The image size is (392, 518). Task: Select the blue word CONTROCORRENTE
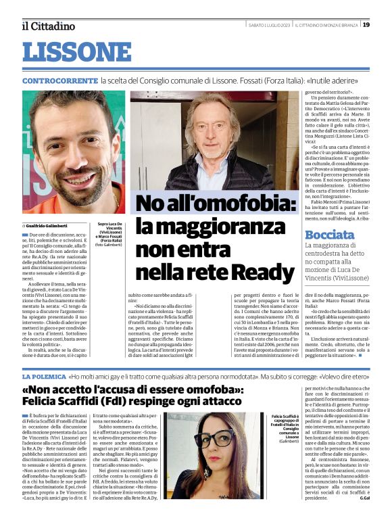coord(59,80)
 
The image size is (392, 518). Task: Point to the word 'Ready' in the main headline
coord(258,273)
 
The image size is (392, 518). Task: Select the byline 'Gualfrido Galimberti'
coord(49,225)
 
